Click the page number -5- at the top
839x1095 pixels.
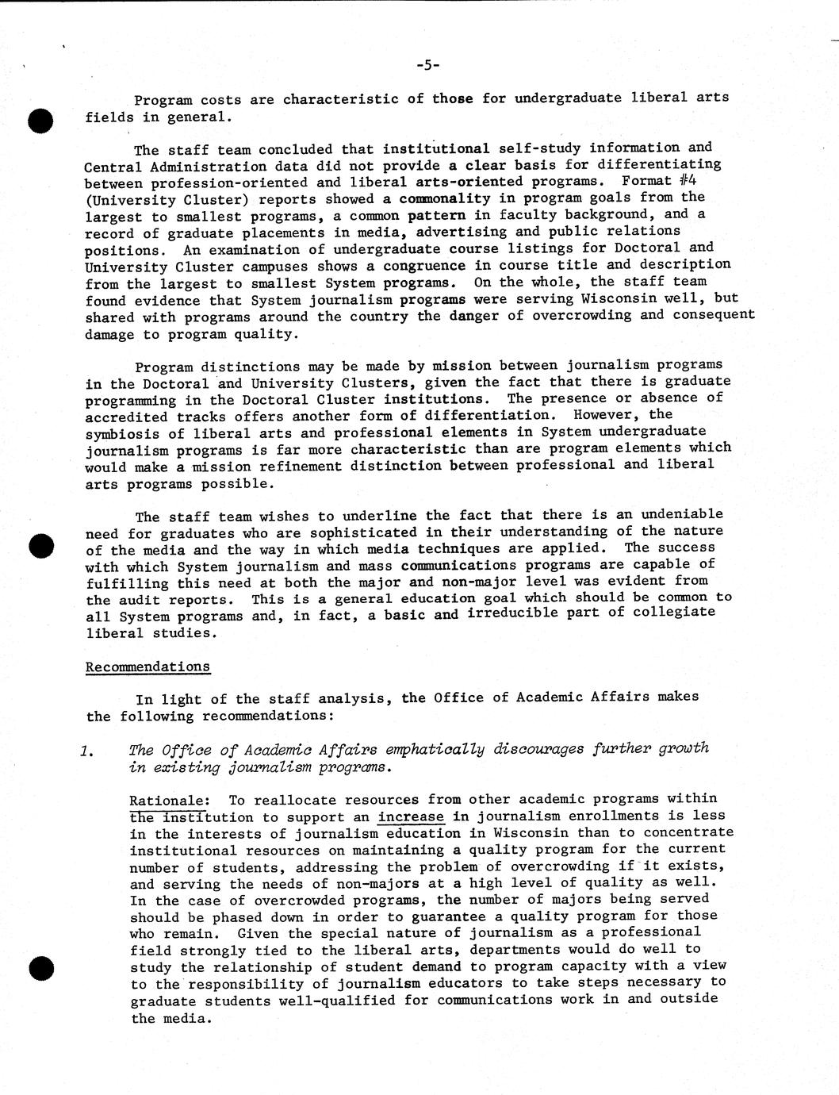click(x=427, y=65)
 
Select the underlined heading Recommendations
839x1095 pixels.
click(x=147, y=667)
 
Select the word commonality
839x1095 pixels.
click(x=444, y=198)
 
